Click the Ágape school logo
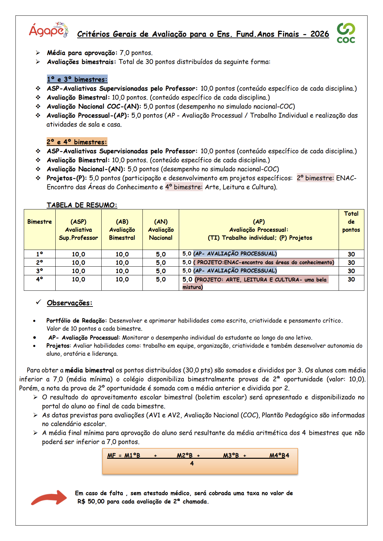click(x=49, y=30)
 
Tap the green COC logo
click(x=346, y=33)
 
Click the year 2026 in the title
click(x=320, y=34)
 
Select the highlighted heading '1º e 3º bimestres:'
click(x=77, y=79)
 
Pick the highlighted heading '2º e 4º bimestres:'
click(x=77, y=142)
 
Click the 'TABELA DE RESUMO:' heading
click(x=82, y=205)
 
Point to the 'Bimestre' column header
click(x=40, y=222)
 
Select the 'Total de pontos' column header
click(x=351, y=222)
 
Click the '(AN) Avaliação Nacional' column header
click(x=161, y=230)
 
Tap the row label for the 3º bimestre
click(x=40, y=271)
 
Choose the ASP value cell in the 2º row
click(x=78, y=262)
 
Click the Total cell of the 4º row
click(x=351, y=279)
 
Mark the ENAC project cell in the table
click(x=259, y=262)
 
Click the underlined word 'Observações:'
click(x=69, y=303)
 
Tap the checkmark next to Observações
click(x=39, y=302)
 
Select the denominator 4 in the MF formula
click(x=192, y=464)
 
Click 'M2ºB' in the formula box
click(x=185, y=456)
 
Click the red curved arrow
click(x=49, y=497)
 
